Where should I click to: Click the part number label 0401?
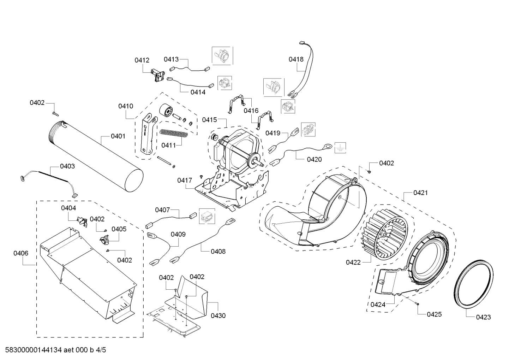pos(118,136)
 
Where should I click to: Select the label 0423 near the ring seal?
pos(483,317)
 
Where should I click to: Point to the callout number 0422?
pos(353,262)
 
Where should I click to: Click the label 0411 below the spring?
pos(169,145)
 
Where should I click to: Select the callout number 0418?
pos(296,59)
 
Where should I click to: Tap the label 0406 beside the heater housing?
pos(21,253)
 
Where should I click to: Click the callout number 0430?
pos(218,315)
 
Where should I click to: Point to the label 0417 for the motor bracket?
pos(185,180)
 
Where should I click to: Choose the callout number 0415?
pos(209,120)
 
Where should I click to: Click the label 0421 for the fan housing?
pos(420,193)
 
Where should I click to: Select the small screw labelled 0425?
pos(417,303)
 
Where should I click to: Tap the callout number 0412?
pos(142,60)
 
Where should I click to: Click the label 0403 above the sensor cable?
pos(67,166)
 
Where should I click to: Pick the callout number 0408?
pos(218,252)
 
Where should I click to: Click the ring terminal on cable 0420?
pos(327,145)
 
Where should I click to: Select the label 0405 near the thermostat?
pos(119,229)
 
